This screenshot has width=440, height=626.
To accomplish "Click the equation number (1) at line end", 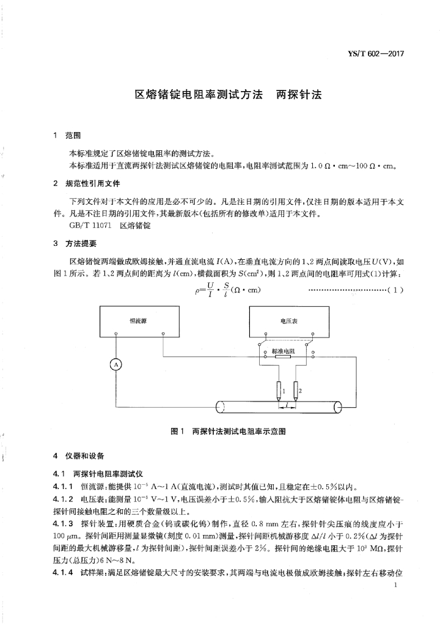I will [x=395, y=290].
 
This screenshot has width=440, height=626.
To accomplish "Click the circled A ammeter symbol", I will [x=114, y=365].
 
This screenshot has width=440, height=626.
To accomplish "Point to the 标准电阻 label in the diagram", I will [x=283, y=352].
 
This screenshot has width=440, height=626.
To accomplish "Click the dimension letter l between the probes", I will [x=288, y=404].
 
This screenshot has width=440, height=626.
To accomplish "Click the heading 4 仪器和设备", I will [x=79, y=456].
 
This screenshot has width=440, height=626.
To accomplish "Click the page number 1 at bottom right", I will [x=397, y=585].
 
